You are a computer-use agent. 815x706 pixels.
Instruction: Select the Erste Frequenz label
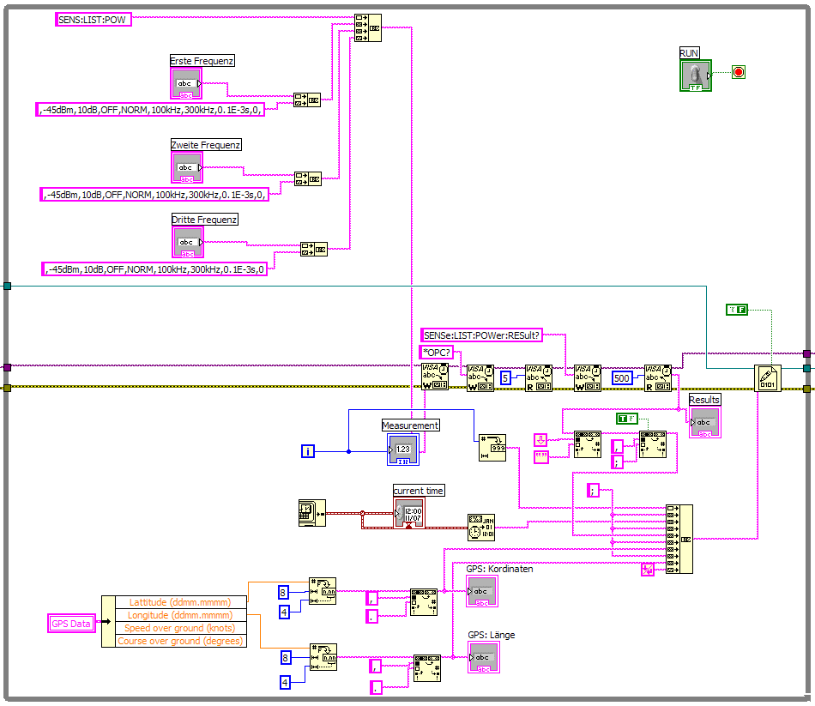(x=202, y=61)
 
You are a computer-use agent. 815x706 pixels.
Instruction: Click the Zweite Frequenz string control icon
(x=187, y=168)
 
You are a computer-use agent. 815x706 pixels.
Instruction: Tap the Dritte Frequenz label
(x=205, y=220)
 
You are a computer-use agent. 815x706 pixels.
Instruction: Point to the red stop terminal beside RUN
(x=738, y=71)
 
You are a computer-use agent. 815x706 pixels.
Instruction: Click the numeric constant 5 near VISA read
(x=506, y=377)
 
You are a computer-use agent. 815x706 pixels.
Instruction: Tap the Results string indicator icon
(x=705, y=422)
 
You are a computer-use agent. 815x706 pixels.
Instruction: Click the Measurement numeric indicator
(x=402, y=449)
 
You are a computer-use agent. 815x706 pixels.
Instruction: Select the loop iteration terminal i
(x=309, y=450)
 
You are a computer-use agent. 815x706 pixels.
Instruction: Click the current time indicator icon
(x=409, y=513)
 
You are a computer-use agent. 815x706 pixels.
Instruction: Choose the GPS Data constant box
(x=70, y=624)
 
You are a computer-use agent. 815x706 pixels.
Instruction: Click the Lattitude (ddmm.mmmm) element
(x=180, y=602)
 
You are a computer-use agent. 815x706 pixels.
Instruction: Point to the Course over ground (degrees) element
(x=180, y=641)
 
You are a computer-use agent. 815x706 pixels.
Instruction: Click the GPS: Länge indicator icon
(x=482, y=657)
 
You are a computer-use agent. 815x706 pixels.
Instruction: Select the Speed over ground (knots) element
(x=180, y=628)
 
